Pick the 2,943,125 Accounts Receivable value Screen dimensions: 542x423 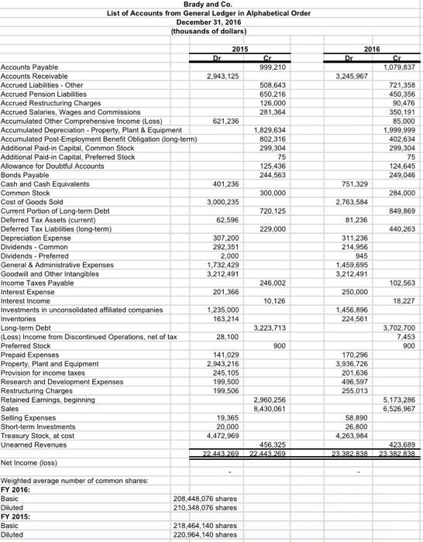pyautogui.click(x=222, y=77)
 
